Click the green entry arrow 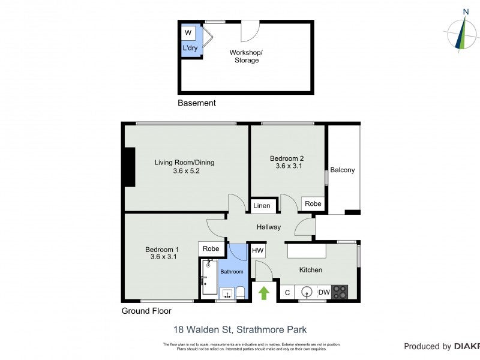[x=263, y=293]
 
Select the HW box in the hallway [x=258, y=250]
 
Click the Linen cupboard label [x=262, y=206]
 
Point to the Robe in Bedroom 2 [x=313, y=203]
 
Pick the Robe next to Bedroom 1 [x=210, y=248]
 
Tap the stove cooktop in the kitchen [x=340, y=292]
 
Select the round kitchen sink [x=307, y=292]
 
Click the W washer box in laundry [x=188, y=33]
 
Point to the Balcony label [x=343, y=170]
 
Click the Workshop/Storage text [x=246, y=56]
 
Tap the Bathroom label [x=232, y=272]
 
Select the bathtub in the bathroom [x=209, y=277]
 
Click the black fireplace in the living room [x=128, y=167]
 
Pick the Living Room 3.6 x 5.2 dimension [x=184, y=171]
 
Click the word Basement [x=196, y=103]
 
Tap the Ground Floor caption [x=146, y=311]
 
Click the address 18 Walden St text [x=240, y=329]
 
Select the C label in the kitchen [x=287, y=292]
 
